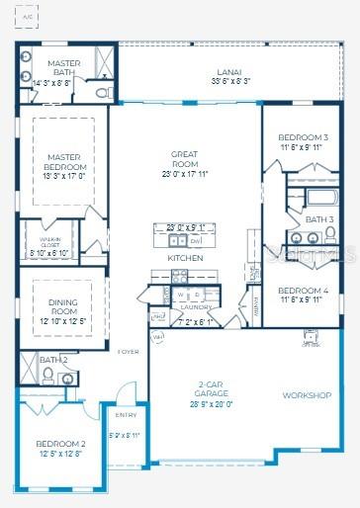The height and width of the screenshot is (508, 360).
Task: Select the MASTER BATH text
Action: (64, 67)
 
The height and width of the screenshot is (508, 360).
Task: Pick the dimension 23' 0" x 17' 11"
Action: (184, 174)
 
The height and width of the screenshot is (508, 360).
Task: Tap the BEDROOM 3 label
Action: (304, 136)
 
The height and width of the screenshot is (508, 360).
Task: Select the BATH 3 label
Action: (318, 218)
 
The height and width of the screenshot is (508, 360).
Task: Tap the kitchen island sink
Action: (176, 240)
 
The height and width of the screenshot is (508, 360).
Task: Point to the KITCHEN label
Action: (185, 258)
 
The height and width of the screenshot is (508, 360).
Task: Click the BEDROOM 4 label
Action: (304, 290)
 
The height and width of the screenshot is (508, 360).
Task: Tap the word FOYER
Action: (129, 351)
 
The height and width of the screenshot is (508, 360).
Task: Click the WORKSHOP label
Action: (307, 395)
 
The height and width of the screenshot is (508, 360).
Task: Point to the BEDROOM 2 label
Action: (60, 444)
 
